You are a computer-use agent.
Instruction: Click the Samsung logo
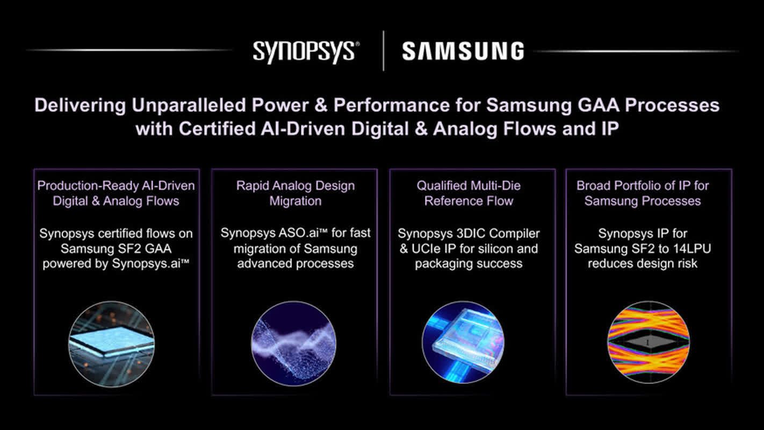(x=463, y=52)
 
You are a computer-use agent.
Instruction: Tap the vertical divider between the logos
(x=383, y=51)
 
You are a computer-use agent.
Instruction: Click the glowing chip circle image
(x=111, y=343)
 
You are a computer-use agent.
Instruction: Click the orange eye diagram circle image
(x=648, y=343)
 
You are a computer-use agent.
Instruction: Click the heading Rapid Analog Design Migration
(x=295, y=193)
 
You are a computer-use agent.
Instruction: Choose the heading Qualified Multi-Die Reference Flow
(x=469, y=193)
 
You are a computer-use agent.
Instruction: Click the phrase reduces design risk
(x=642, y=264)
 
